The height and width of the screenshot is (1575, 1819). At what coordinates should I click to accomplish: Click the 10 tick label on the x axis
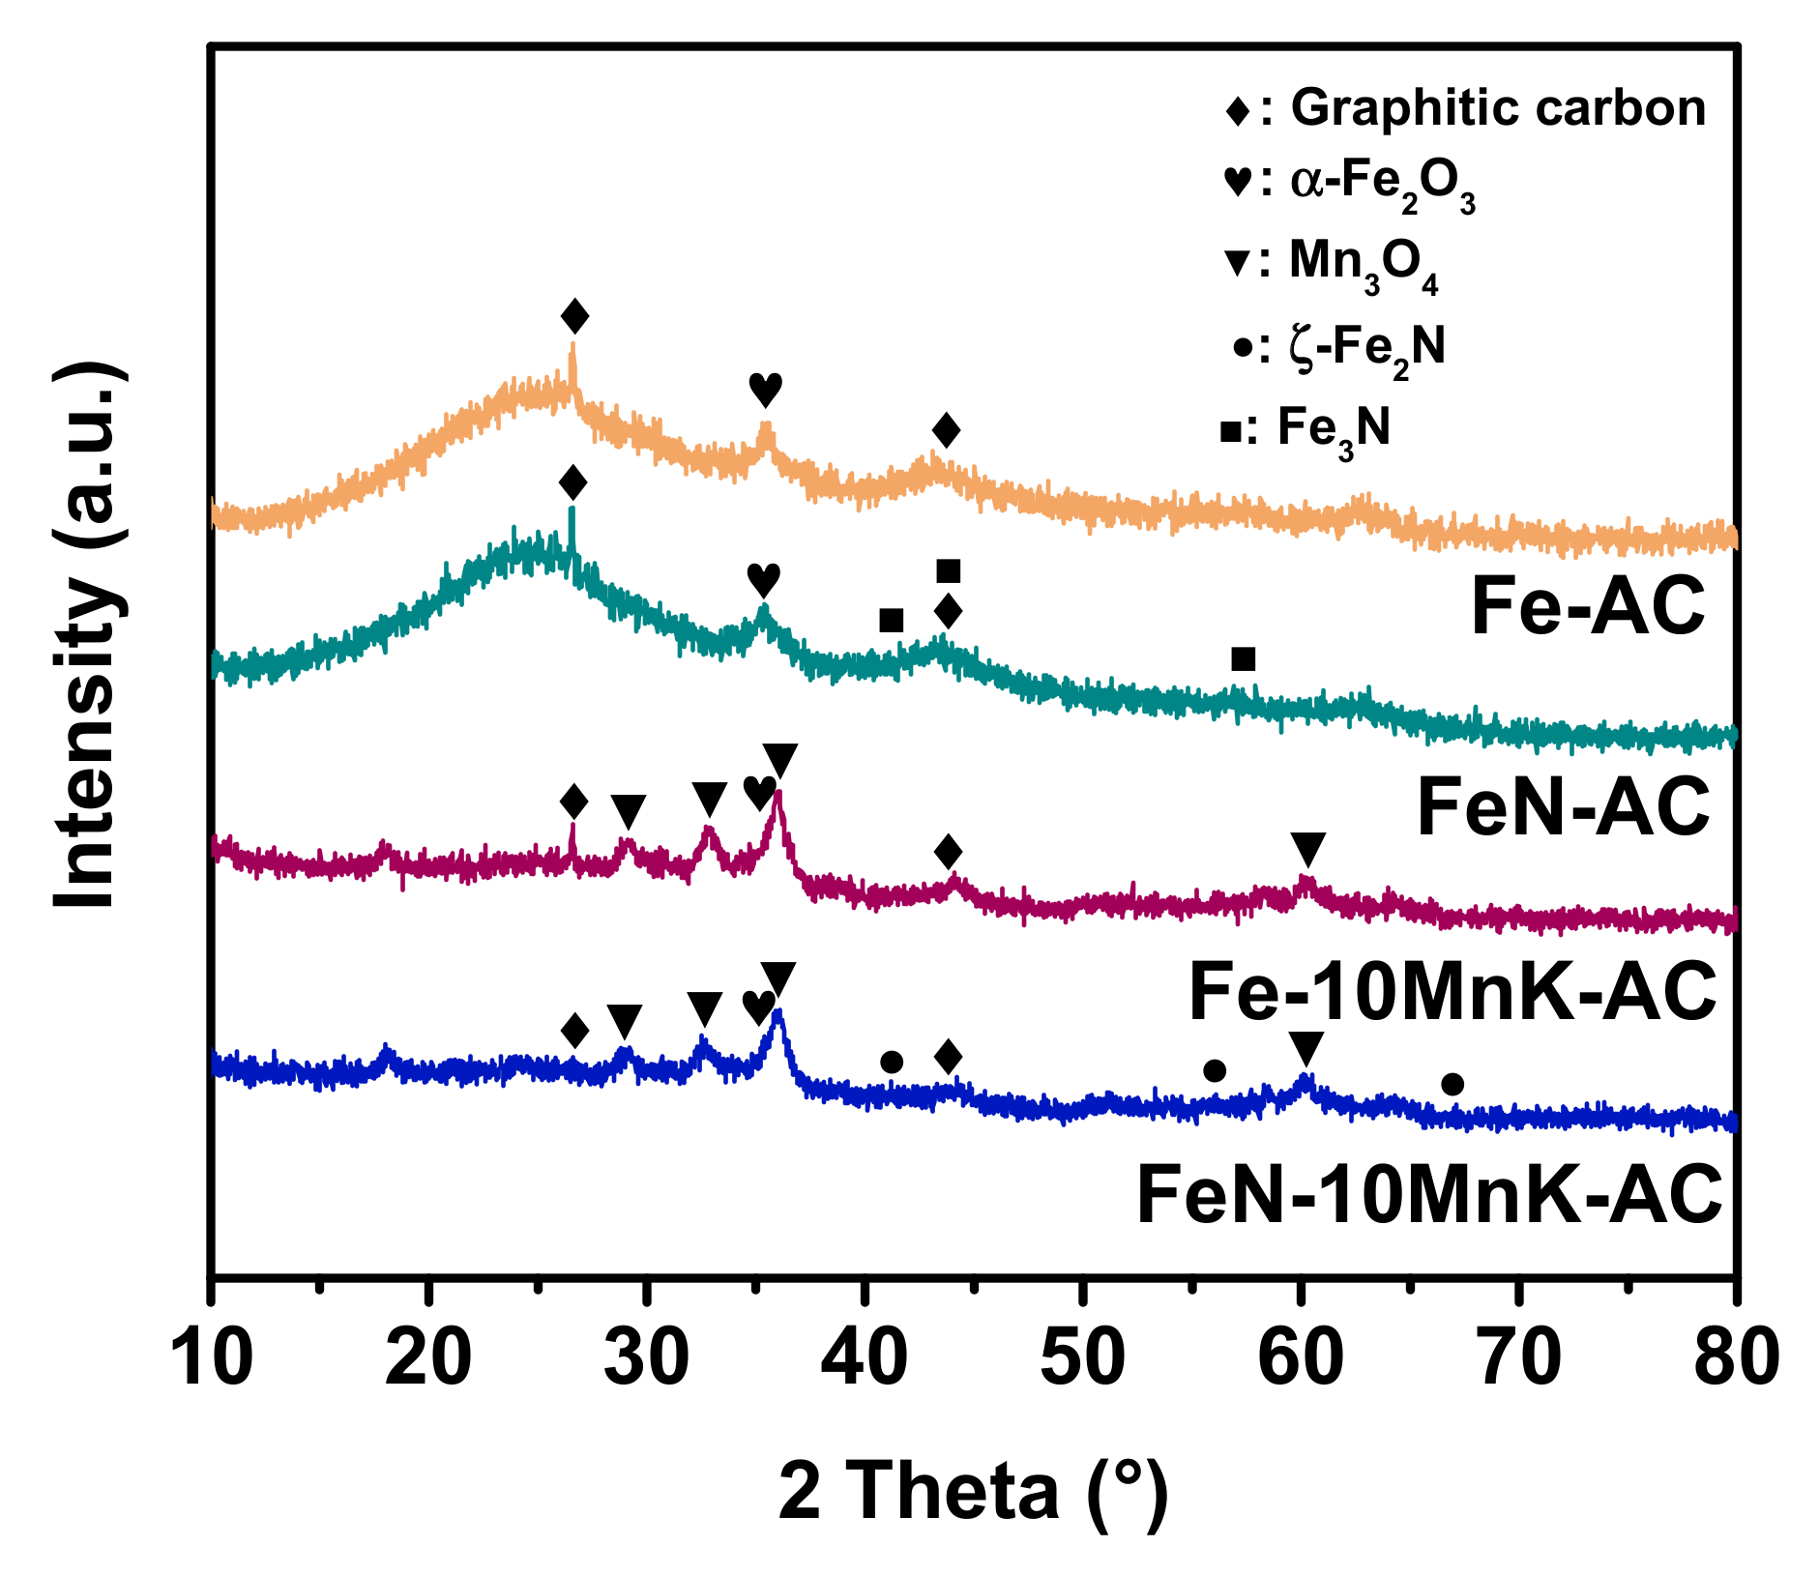212,1357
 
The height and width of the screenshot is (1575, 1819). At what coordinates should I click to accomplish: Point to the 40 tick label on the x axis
864,1357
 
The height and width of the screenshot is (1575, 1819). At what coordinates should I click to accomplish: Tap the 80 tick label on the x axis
1736,1357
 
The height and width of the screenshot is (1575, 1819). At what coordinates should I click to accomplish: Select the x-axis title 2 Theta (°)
973,1492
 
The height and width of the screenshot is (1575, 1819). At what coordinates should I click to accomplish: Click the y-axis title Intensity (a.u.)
89,635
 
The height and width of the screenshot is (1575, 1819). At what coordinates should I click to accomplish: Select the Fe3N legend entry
1306,427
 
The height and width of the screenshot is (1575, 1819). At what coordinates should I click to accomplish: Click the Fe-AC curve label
1587,606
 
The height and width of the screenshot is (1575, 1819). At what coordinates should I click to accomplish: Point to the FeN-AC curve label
1563,806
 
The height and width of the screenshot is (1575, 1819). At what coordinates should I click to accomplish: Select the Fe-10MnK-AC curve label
1452,992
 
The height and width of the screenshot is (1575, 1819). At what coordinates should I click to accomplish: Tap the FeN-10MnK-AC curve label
1428,1195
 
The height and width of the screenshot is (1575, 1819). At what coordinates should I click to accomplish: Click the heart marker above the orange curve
765,389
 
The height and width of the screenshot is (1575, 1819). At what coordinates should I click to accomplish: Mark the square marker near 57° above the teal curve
1244,659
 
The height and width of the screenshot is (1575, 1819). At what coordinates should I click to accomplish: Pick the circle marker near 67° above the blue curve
1452,1085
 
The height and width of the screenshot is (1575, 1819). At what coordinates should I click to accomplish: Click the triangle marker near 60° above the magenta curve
1307,849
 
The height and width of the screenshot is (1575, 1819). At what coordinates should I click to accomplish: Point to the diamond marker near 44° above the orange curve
946,430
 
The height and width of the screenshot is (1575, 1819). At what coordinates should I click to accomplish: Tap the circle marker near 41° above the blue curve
892,1063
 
